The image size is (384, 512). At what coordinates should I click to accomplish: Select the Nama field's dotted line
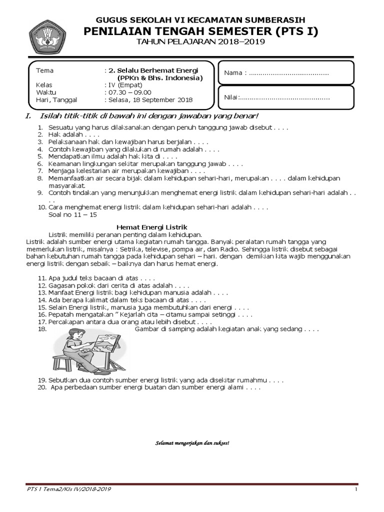(288, 73)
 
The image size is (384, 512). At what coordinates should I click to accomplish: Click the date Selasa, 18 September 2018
(149, 100)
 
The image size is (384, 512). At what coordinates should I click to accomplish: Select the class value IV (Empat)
(123, 85)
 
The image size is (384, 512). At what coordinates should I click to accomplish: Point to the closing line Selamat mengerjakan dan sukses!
(192, 443)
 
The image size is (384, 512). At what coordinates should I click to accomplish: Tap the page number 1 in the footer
(356, 489)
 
